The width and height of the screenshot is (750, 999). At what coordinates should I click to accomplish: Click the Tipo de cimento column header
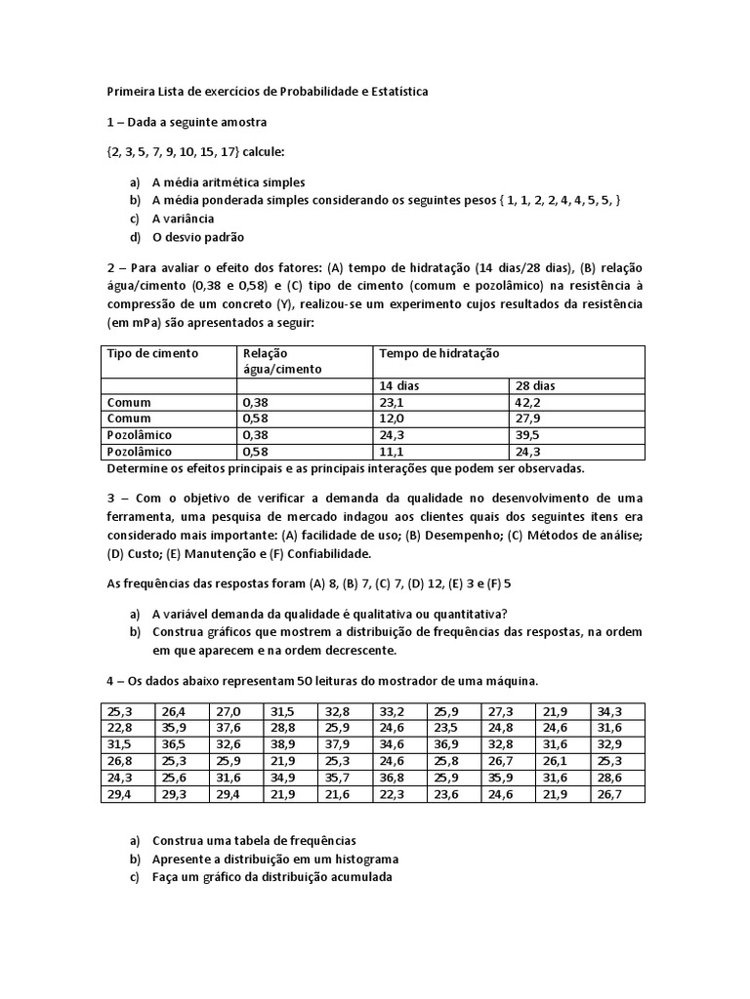[151, 353]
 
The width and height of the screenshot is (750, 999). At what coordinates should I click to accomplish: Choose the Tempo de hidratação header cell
[438, 353]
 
